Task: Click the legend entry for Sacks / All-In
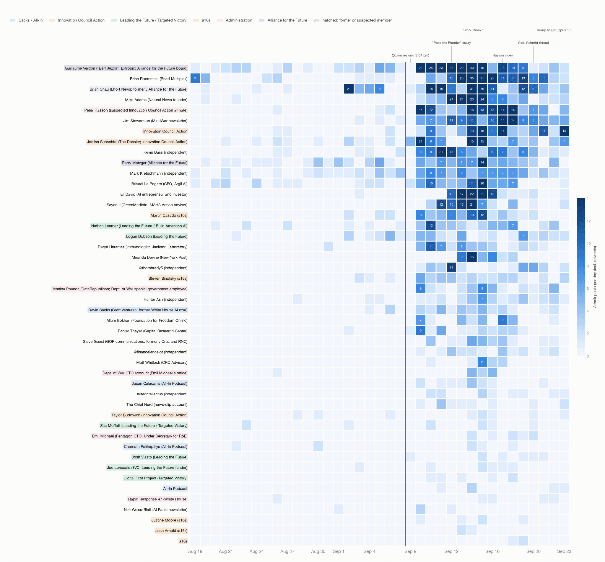tap(26, 20)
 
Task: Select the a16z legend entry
tap(202, 20)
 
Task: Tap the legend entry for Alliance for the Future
tap(283, 20)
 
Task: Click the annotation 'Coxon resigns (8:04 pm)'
tap(410, 55)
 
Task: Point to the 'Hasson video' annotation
tap(502, 55)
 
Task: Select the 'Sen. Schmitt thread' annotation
tap(533, 43)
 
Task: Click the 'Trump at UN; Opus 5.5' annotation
tap(554, 30)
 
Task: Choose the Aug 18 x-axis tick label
tap(195, 551)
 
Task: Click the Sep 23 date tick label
tap(564, 551)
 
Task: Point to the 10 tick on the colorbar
tap(588, 244)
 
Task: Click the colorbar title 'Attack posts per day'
tap(595, 277)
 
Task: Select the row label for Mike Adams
tap(156, 100)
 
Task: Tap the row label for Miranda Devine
tap(160, 258)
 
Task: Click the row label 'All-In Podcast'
tap(175, 489)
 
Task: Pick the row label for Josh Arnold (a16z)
tap(171, 531)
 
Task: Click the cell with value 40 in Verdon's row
tap(472, 68)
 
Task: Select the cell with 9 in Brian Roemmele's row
tap(195, 78)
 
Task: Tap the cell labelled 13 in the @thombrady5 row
tap(451, 268)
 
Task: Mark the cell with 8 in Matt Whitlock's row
tap(482, 362)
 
